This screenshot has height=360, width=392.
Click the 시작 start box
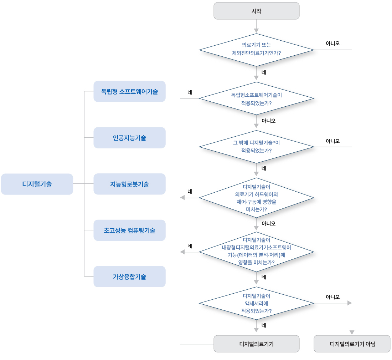click(256, 11)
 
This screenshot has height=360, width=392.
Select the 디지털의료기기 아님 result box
click(352, 344)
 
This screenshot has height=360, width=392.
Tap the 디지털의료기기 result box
click(256, 344)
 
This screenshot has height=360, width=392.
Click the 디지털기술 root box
click(37, 184)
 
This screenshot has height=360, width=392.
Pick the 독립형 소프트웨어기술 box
click(129, 91)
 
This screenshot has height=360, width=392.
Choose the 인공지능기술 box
click(129, 138)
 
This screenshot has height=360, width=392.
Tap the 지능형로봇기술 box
click(129, 184)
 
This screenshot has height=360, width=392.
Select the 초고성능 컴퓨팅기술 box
click(129, 230)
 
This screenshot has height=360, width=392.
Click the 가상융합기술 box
click(129, 277)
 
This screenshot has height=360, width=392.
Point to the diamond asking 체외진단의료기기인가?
click(256, 50)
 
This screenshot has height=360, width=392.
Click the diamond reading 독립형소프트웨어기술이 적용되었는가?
click(256, 98)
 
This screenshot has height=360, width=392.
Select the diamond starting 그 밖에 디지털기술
click(256, 147)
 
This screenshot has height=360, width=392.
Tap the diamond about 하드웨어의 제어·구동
click(256, 198)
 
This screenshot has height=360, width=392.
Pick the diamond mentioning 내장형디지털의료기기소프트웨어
click(256, 252)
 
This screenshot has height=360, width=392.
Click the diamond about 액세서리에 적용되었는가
click(256, 303)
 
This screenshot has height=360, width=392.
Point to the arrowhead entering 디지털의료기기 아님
click(352, 333)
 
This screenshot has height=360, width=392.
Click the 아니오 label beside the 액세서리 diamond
click(332, 297)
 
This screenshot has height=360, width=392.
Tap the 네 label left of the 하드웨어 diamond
click(190, 192)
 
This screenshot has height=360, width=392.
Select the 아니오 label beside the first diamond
click(332, 43)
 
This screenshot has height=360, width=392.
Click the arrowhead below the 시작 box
click(256, 31)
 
